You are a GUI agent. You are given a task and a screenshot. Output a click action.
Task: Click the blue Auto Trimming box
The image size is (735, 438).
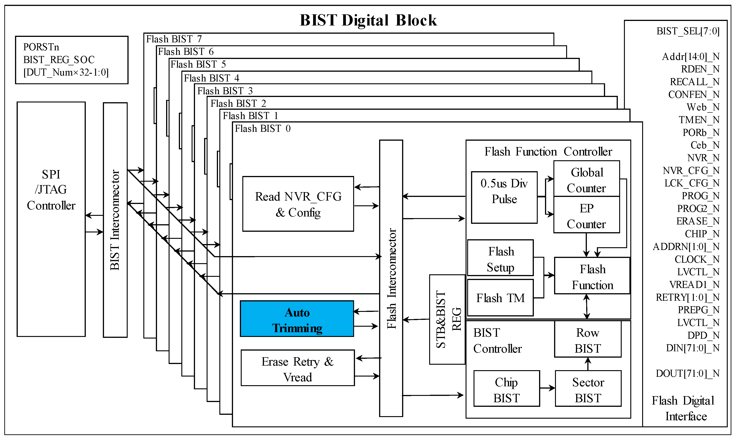297,319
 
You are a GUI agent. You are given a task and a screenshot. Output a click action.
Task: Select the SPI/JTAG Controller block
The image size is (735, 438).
51,219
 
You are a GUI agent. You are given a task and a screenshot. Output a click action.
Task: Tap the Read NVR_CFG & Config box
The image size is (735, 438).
298,204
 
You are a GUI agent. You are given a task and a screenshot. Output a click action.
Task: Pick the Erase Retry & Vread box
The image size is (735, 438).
298,368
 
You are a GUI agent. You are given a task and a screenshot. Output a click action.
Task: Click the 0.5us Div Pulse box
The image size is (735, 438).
504,197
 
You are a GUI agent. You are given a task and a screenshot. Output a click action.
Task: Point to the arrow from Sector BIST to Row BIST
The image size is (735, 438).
588,364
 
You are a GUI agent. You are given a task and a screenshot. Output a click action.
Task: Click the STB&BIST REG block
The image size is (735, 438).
447,320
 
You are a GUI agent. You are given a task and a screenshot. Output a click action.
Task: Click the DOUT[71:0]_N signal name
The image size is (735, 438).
687,373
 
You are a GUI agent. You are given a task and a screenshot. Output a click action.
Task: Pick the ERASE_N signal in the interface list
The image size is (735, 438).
697,221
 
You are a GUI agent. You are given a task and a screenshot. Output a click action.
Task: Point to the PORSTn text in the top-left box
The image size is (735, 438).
41,47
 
